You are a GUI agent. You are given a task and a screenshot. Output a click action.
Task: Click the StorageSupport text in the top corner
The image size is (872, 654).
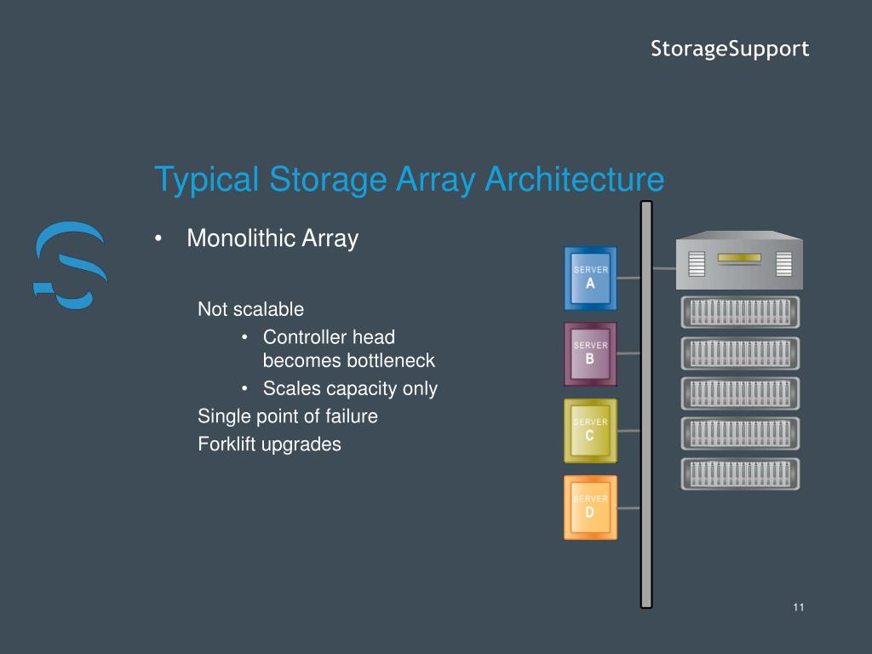(730, 49)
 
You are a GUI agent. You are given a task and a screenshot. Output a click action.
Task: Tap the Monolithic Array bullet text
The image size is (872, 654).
(272, 238)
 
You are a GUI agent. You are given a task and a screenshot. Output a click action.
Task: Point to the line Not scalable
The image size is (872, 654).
(250, 309)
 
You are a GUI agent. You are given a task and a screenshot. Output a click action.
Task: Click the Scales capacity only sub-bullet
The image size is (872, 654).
(349, 389)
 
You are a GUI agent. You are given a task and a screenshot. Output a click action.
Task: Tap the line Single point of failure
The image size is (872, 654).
(288, 416)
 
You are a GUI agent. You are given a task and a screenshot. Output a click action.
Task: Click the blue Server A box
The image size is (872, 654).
(590, 278)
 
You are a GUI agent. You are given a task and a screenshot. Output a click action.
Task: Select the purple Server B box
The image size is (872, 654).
(590, 354)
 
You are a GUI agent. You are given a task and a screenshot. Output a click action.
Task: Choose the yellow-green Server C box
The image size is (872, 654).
(590, 430)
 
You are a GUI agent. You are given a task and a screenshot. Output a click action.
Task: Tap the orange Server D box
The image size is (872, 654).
(590, 507)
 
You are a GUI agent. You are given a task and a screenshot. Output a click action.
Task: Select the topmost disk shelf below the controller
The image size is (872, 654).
(740, 313)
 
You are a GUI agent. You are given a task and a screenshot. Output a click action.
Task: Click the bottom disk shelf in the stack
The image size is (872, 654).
(740, 473)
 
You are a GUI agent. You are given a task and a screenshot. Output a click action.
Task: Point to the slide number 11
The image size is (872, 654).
(798, 607)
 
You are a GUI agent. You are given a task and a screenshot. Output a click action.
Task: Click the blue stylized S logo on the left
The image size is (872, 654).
(69, 264)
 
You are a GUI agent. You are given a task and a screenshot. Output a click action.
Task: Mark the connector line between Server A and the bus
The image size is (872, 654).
(628, 278)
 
